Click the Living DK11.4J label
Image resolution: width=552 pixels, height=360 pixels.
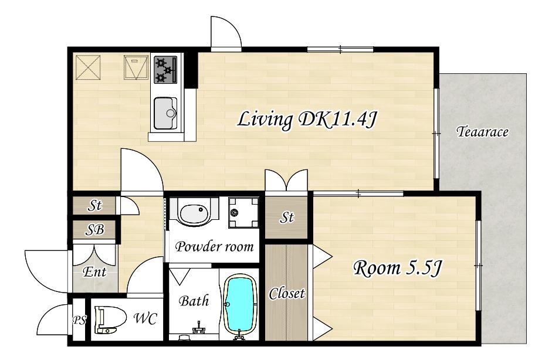[x=307, y=120]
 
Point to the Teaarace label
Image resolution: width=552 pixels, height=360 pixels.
[x=482, y=132]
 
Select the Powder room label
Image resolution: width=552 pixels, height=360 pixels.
[x=214, y=247]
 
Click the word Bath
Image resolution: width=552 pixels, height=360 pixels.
[x=194, y=301]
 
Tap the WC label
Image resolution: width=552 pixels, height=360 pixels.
[x=145, y=318]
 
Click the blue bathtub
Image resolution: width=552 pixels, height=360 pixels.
[x=240, y=304]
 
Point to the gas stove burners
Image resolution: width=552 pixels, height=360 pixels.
[x=165, y=70]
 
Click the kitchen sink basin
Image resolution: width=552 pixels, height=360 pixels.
[x=165, y=113]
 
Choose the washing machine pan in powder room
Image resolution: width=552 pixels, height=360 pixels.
[x=243, y=212]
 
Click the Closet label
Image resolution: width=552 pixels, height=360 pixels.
[x=287, y=294]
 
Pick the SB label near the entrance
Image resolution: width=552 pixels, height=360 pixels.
[x=94, y=230]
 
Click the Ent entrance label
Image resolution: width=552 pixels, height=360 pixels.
[x=94, y=272]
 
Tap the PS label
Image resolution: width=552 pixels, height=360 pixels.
[x=79, y=320]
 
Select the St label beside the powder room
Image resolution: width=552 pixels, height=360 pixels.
[x=287, y=218]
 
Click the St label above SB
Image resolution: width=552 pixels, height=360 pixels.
[x=94, y=205]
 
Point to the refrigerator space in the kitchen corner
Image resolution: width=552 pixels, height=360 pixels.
[x=89, y=67]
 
